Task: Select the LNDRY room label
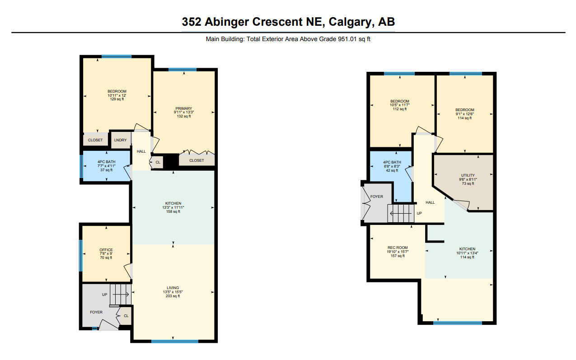[x=120, y=140]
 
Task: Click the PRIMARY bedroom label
[x=183, y=108]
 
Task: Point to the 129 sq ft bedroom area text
[x=117, y=99]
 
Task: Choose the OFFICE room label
[x=106, y=250]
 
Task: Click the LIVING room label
[x=173, y=288]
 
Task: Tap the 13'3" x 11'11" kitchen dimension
[x=173, y=207]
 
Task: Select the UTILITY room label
[x=468, y=175]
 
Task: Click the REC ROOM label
[x=398, y=248]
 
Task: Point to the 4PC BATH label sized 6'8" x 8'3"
[x=392, y=162]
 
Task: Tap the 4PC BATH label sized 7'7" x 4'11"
[x=106, y=162]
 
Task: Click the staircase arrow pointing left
[x=401, y=214]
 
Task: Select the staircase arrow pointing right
[x=121, y=295]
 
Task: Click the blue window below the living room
[x=175, y=341]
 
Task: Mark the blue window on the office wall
[x=81, y=255]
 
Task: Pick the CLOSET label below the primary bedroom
[x=197, y=160]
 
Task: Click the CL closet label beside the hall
[x=158, y=162]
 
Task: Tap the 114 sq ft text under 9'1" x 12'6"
[x=465, y=118]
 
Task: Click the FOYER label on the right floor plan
[x=377, y=196]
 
